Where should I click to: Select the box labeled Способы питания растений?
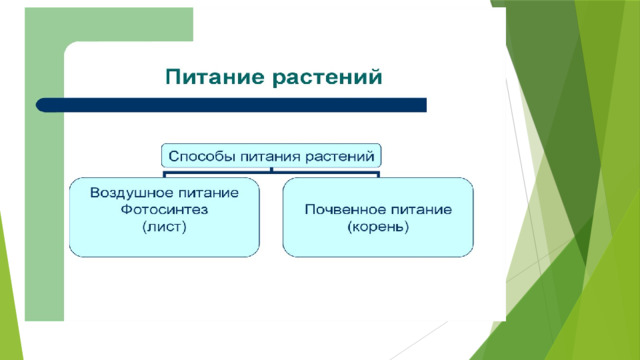point(272,156)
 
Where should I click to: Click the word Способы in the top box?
point(199,156)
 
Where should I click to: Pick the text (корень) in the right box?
point(378,227)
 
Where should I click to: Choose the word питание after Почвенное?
point(417,210)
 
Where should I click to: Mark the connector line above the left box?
point(166,173)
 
